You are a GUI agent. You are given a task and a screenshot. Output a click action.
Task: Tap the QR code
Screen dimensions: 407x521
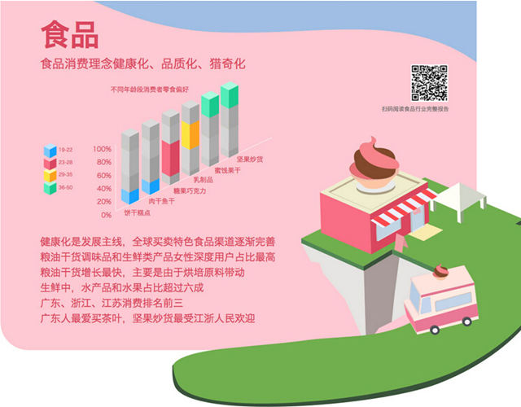click(x=429, y=81)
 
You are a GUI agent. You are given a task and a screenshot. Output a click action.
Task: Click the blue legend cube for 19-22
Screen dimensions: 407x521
click(x=50, y=151)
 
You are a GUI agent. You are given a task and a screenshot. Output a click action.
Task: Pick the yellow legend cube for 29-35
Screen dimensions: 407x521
click(x=50, y=175)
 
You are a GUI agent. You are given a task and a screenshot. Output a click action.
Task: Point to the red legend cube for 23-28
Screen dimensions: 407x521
click(x=50, y=163)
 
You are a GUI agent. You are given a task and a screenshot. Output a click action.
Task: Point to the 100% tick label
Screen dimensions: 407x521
click(x=102, y=150)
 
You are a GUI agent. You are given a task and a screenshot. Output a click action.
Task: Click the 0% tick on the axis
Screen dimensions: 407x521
click(x=106, y=215)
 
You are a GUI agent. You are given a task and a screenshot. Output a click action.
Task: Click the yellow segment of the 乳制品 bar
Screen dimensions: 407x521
click(x=190, y=133)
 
